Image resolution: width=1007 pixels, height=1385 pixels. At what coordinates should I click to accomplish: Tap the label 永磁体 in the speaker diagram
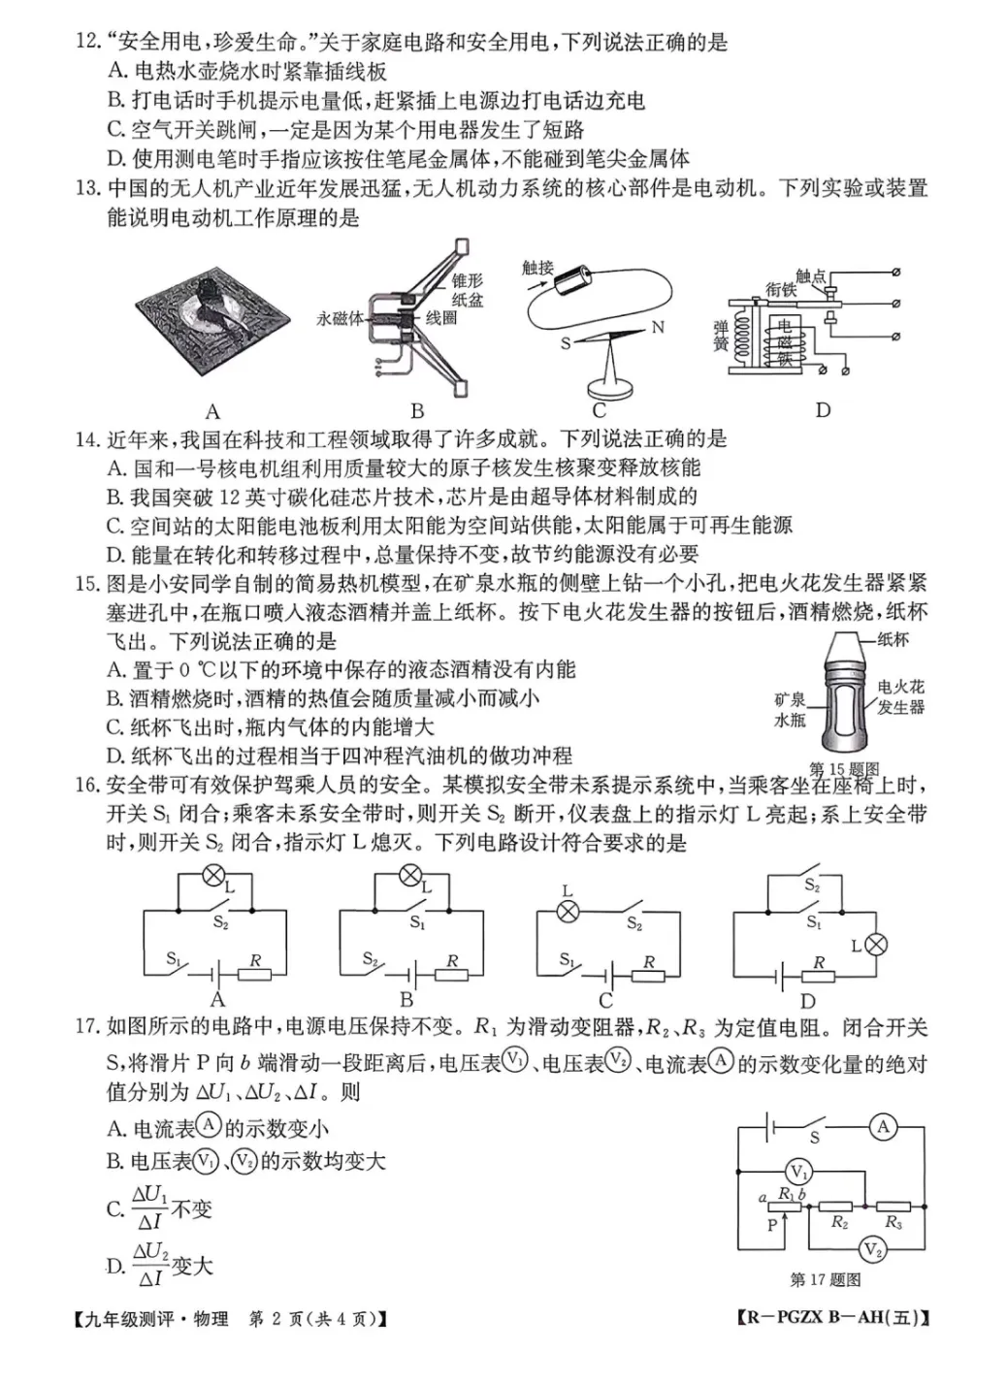[x=340, y=318]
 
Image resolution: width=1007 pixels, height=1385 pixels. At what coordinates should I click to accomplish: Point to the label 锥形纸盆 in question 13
[x=467, y=290]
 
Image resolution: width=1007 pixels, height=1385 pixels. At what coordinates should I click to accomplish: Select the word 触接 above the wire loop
[x=537, y=268]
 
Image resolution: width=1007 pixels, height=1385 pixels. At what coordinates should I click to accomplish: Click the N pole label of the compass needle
[x=658, y=328]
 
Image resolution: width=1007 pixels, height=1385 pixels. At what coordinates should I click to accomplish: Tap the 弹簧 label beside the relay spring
[x=721, y=335]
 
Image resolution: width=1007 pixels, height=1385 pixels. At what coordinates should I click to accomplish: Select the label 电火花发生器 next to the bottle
[x=900, y=697]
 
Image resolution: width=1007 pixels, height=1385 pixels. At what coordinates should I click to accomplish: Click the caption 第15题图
[x=843, y=769]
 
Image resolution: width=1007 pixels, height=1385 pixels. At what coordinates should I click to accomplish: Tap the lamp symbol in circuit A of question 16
[x=213, y=876]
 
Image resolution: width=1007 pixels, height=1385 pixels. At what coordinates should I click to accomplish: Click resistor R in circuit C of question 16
[x=648, y=975]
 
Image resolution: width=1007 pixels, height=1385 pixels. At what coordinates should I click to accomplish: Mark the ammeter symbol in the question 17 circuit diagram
[x=883, y=1127]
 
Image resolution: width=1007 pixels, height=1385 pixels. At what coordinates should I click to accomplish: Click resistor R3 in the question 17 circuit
[x=893, y=1207]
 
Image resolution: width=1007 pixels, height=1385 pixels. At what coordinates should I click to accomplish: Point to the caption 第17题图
[x=825, y=1280]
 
